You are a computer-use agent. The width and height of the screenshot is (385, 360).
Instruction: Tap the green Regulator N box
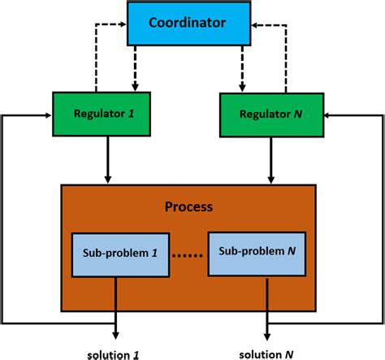click(x=266, y=115)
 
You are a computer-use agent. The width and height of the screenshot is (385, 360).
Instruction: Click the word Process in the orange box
click(x=188, y=206)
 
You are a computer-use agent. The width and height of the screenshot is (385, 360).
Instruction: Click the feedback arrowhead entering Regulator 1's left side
click(x=48, y=115)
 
